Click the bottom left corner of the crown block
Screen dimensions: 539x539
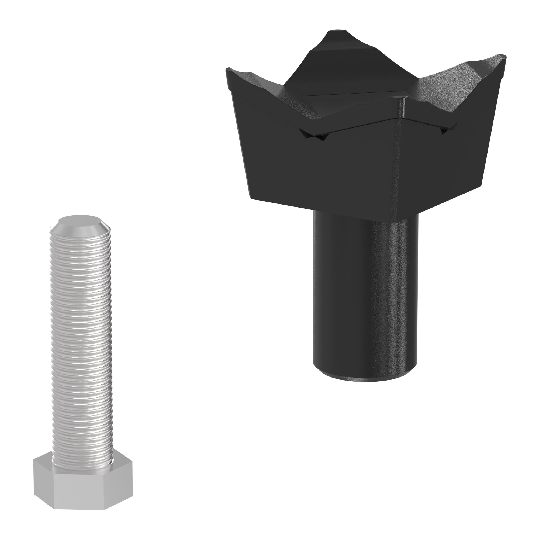(251, 199)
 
